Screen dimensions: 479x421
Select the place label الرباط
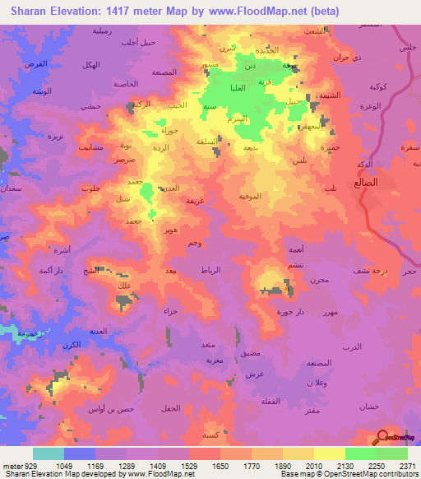(x=211, y=270)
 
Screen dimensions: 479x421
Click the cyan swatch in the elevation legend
(x=49, y=453)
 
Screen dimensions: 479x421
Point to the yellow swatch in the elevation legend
(x=329, y=453)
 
